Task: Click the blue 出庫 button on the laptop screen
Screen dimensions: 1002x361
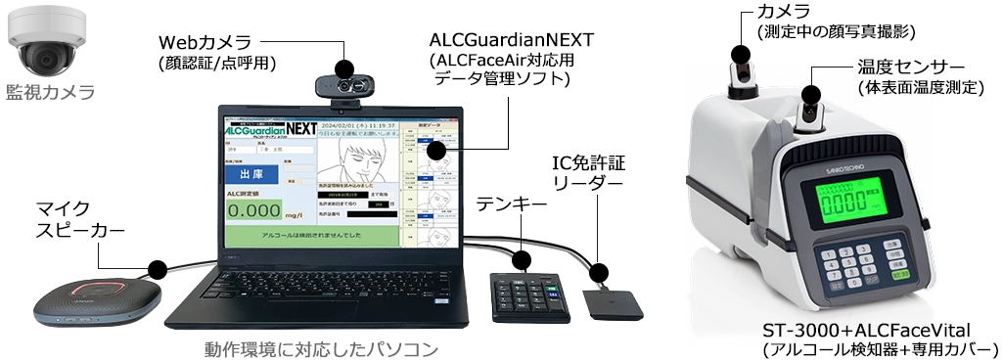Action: (252, 174)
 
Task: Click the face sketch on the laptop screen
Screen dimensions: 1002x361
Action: (358, 160)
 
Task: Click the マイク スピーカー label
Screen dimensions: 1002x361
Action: (64, 219)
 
